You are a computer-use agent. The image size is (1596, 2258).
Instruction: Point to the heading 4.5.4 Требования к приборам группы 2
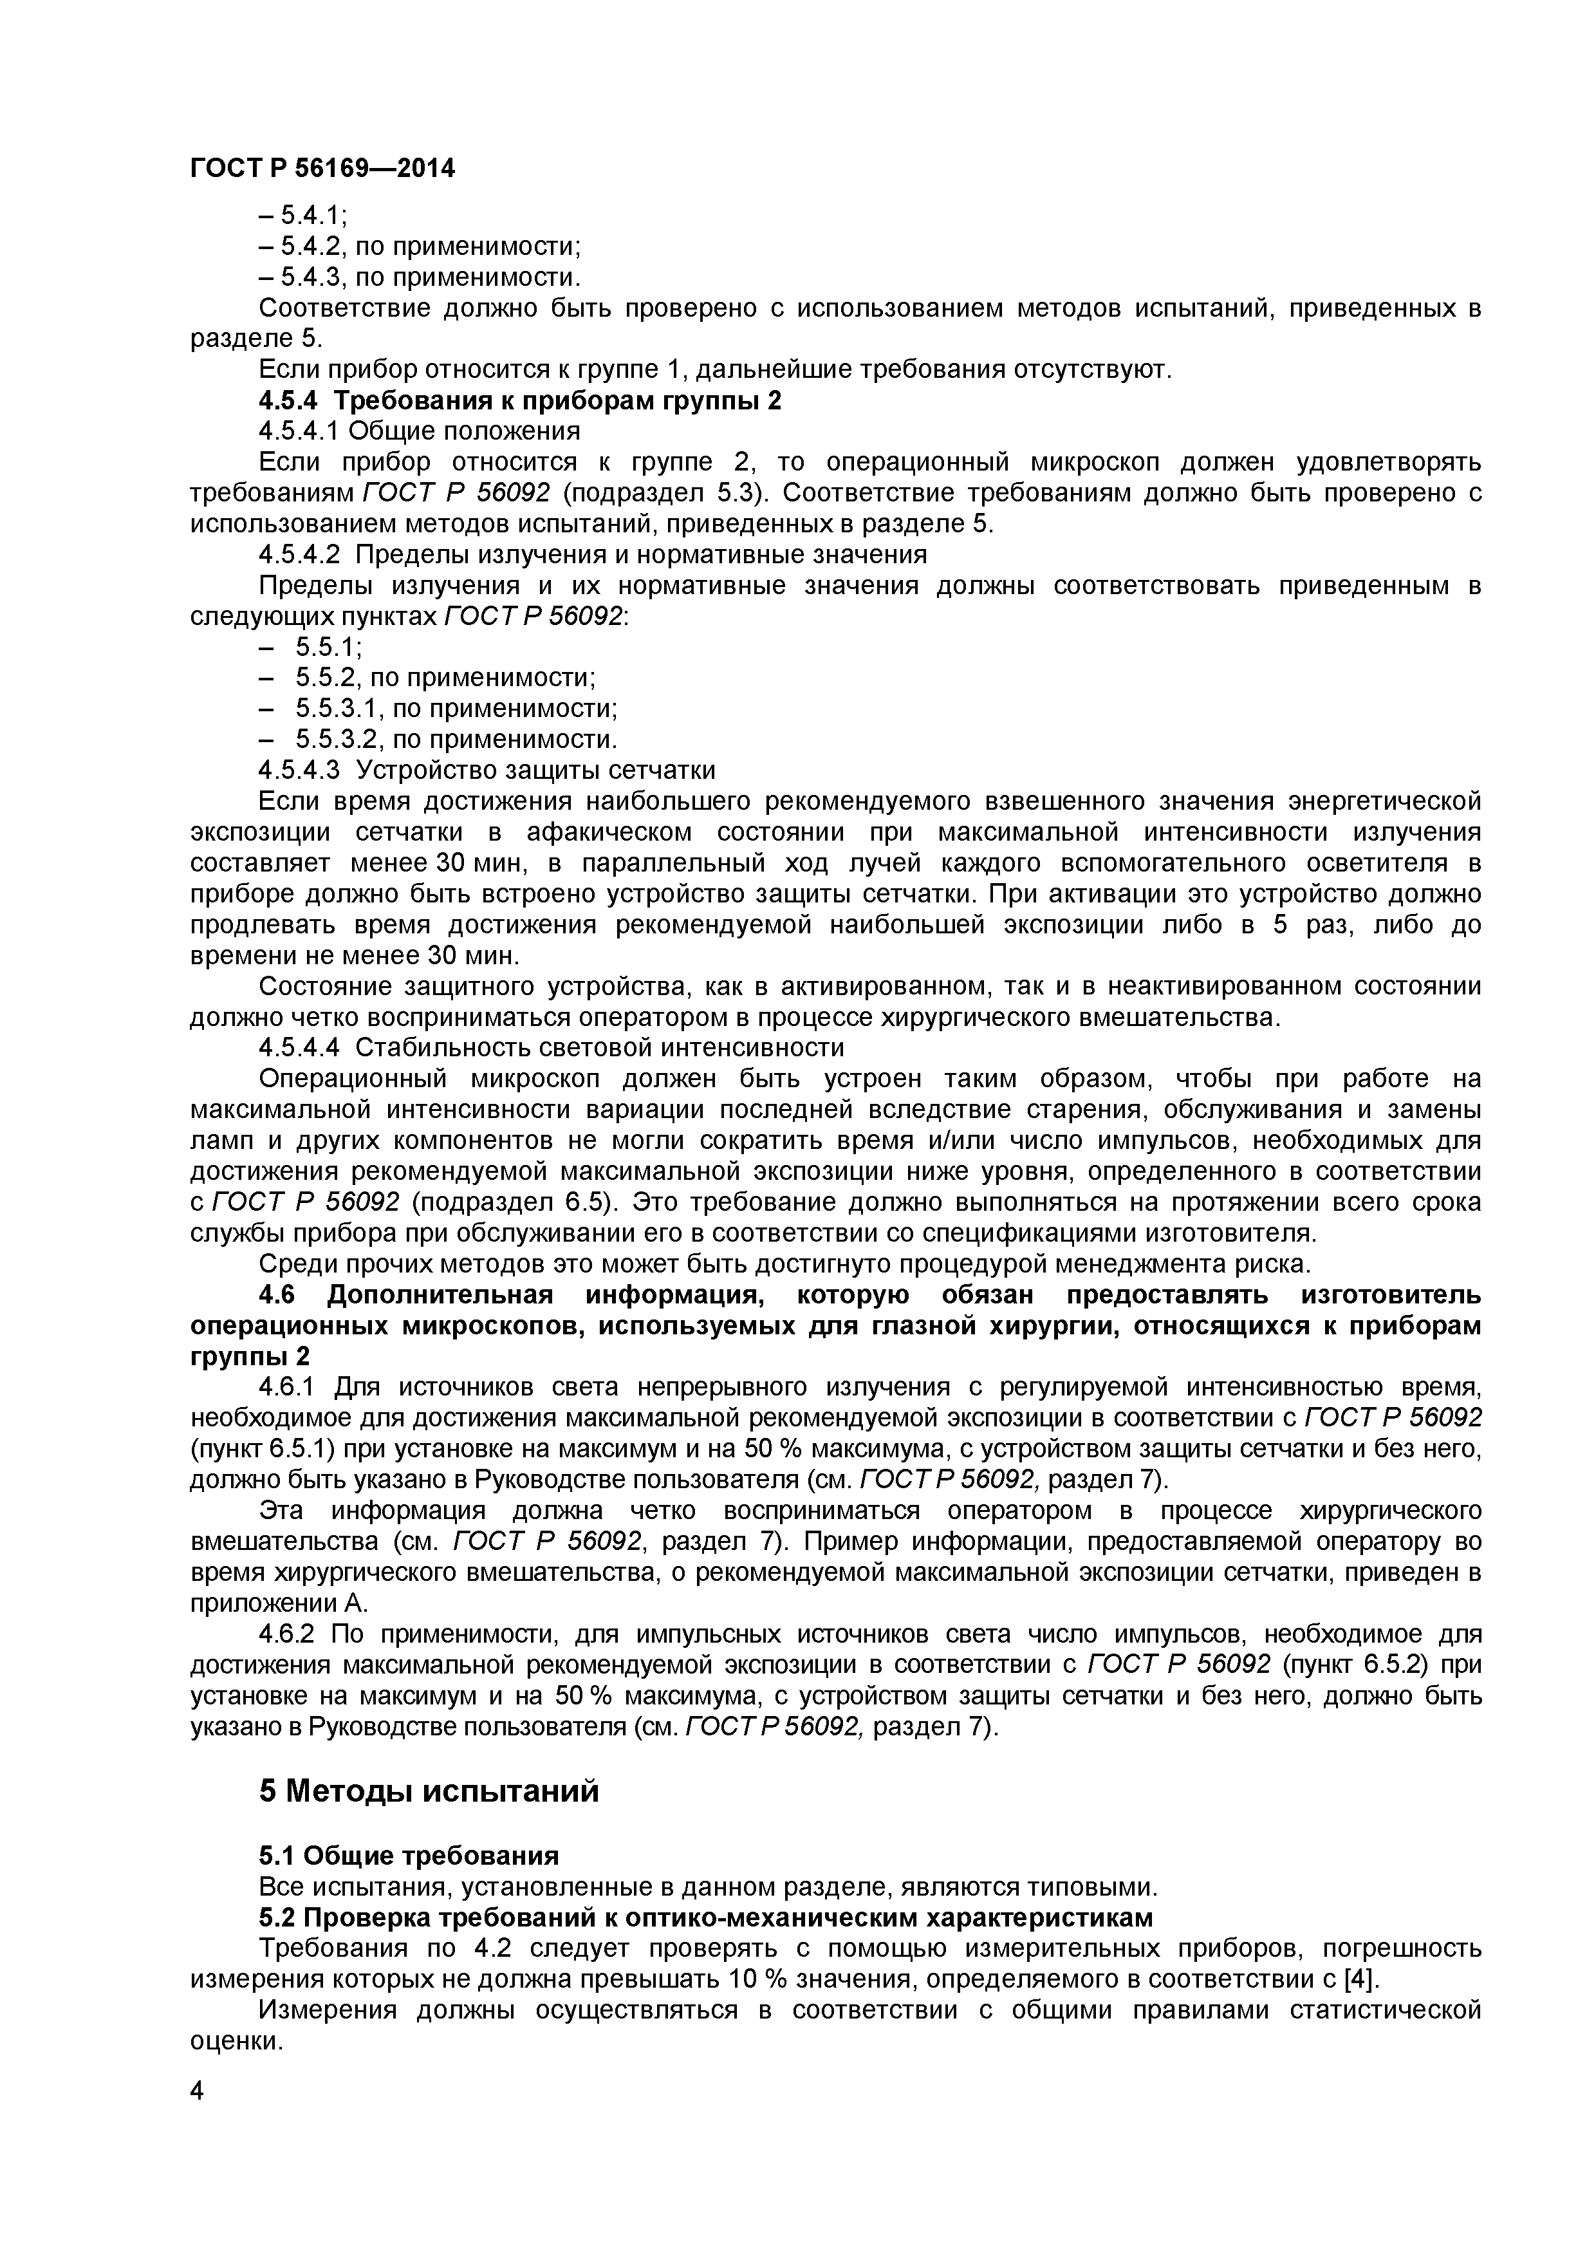tap(519, 400)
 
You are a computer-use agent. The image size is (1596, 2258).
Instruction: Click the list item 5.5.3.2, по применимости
tap(455, 738)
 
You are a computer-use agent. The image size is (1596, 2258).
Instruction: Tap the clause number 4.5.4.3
tap(300, 769)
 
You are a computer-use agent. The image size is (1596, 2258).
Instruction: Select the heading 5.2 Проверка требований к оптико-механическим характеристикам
tap(705, 1917)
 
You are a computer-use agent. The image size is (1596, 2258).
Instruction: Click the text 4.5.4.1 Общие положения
tap(419, 431)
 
